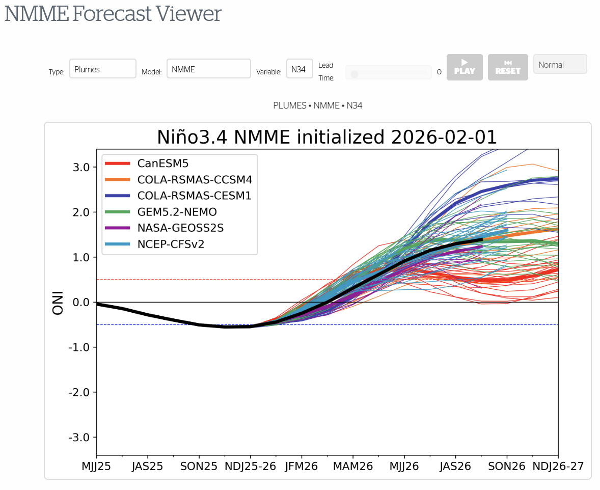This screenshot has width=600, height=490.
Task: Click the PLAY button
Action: coord(464,67)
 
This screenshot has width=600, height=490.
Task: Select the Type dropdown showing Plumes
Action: coord(102,69)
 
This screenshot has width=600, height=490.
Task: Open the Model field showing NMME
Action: coord(208,69)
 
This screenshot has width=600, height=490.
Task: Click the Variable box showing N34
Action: coord(299,69)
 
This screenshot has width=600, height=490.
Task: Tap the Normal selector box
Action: coord(560,64)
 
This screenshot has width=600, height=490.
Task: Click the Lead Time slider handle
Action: coord(354,74)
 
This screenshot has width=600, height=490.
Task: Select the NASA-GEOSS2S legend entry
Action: coord(180,228)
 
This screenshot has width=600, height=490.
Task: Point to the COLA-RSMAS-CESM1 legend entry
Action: coord(194,195)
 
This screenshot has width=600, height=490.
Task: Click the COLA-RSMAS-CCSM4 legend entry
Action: coord(194,179)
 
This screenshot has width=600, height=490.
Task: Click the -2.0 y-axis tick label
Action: coord(79,393)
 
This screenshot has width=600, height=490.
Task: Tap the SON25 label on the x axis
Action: coord(199,466)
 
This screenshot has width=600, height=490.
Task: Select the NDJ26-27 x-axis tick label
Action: coord(558,466)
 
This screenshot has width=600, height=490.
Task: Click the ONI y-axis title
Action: coord(58,303)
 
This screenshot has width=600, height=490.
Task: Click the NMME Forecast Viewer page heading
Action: coord(113,14)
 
